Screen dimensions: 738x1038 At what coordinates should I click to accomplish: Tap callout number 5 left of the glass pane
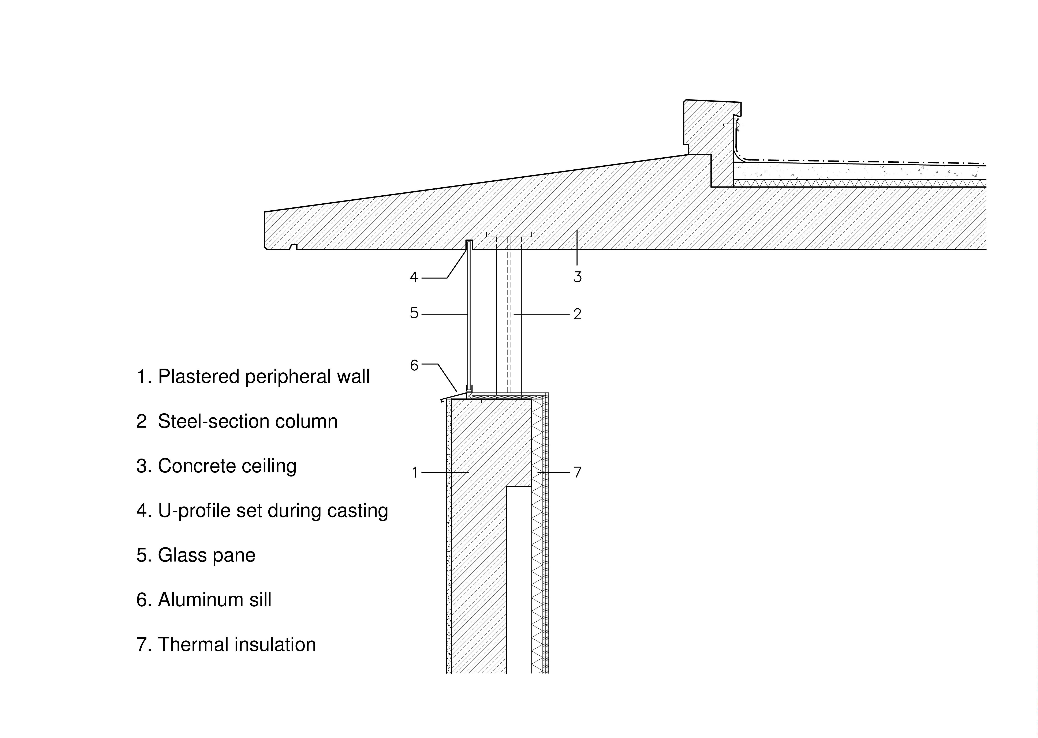tap(414, 313)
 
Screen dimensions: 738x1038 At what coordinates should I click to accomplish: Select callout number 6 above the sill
tap(414, 365)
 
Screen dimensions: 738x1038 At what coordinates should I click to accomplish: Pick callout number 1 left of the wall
tap(414, 473)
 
